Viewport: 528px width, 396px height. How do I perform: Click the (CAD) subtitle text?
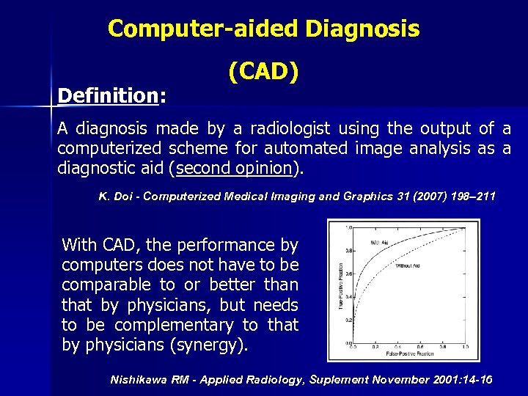[x=263, y=72]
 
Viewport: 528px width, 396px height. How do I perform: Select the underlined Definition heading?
[x=109, y=96]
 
